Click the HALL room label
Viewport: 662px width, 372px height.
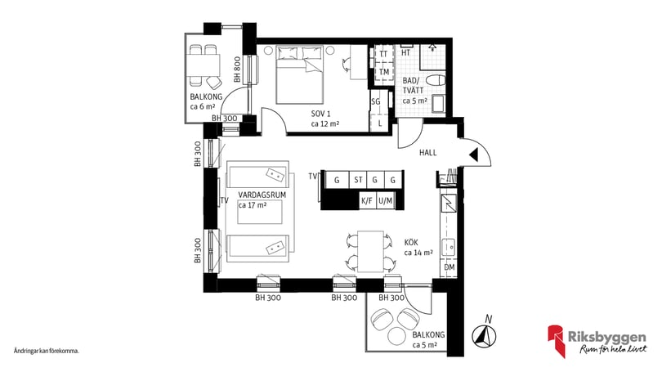click(x=428, y=153)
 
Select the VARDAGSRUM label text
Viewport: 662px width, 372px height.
click(x=261, y=195)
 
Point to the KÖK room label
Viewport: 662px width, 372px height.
click(x=414, y=243)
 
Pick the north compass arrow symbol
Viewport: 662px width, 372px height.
click(x=484, y=334)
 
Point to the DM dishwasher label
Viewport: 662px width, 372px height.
click(x=449, y=267)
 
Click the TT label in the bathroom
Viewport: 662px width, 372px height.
click(x=383, y=55)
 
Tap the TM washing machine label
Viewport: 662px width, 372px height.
click(x=383, y=72)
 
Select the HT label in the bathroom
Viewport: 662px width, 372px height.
click(x=406, y=53)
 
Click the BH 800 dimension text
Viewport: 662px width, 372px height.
click(x=236, y=69)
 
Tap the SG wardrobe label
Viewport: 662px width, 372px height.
click(x=376, y=101)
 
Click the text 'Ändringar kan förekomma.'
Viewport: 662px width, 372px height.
click(x=46, y=350)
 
